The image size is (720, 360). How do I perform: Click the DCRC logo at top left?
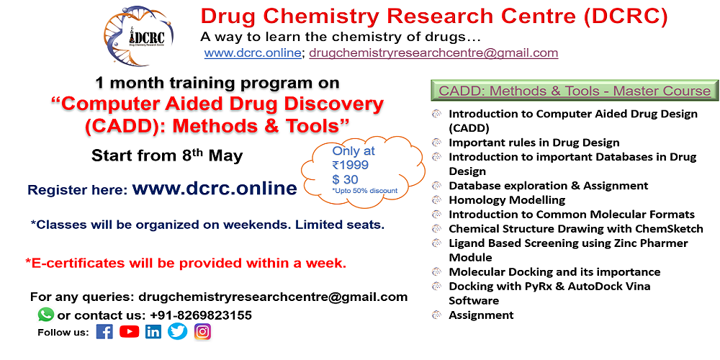pyautogui.click(x=140, y=36)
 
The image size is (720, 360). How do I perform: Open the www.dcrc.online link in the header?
pyautogui.click(x=252, y=53)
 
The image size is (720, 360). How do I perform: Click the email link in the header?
pyautogui.click(x=433, y=53)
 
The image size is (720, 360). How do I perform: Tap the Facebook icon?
pyautogui.click(x=104, y=331)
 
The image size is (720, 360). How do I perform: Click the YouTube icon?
pyautogui.click(x=129, y=331)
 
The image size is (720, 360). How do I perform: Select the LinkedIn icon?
pyautogui.click(x=153, y=331)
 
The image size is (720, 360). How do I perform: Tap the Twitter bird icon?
pyautogui.click(x=177, y=331)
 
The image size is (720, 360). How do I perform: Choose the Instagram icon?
pyautogui.click(x=202, y=331)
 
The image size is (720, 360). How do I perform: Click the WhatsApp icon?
pyautogui.click(x=46, y=315)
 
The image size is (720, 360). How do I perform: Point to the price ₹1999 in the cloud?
pyautogui.click(x=351, y=165)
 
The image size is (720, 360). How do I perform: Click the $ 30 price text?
pyautogui.click(x=346, y=179)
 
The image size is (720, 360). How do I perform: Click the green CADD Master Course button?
pyautogui.click(x=575, y=91)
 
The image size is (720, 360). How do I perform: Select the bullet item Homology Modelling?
pyautogui.click(x=507, y=200)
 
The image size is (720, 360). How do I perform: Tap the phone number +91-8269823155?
pyautogui.click(x=201, y=315)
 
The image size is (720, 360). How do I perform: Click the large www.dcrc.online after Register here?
pyautogui.click(x=215, y=189)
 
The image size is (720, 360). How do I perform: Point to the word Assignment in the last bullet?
pyautogui.click(x=481, y=315)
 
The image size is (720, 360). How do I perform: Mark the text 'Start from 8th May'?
pyautogui.click(x=167, y=156)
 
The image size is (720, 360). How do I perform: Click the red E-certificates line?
pyautogui.click(x=186, y=264)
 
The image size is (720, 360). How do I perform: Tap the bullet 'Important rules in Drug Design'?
pyautogui.click(x=534, y=143)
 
